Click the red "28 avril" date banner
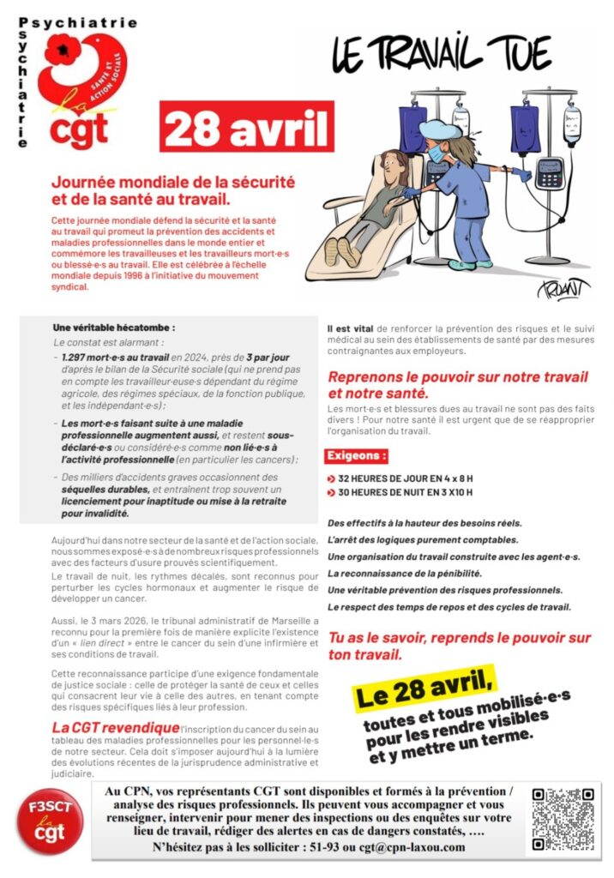pyautogui.click(x=246, y=129)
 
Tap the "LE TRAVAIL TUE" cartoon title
pyautogui.click(x=441, y=54)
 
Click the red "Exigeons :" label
pyautogui.click(x=356, y=456)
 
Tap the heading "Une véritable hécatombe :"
pyautogui.click(x=113, y=327)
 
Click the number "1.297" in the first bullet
pyautogui.click(x=78, y=357)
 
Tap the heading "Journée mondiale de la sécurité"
pyautogui.click(x=173, y=183)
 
